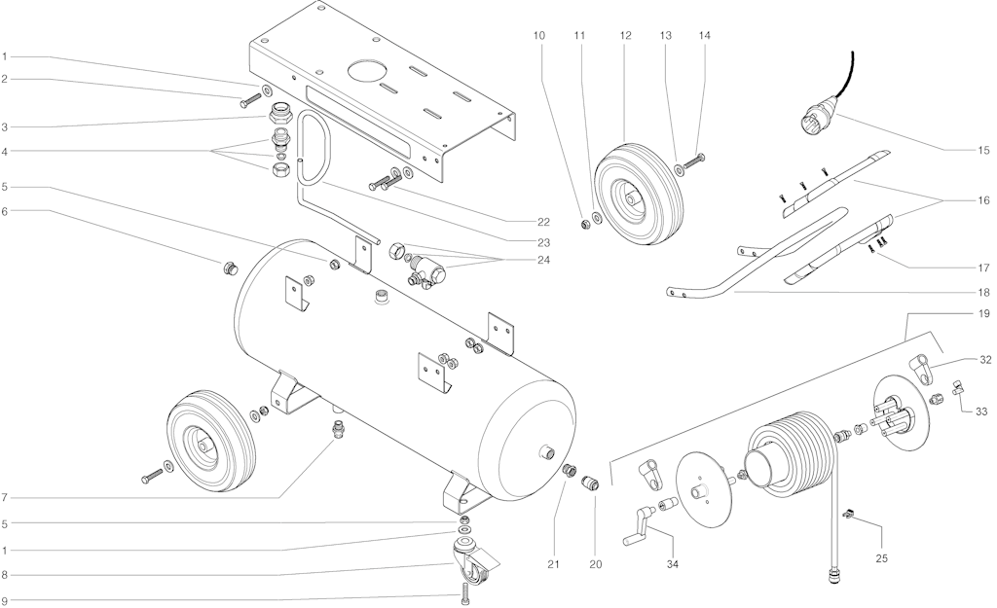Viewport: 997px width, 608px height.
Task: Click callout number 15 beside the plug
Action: click(x=983, y=151)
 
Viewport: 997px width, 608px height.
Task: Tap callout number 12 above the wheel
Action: click(x=626, y=36)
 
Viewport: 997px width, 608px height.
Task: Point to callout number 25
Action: click(x=881, y=558)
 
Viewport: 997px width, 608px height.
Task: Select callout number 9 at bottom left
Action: click(x=5, y=600)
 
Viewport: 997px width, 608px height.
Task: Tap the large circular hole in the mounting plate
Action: click(x=366, y=70)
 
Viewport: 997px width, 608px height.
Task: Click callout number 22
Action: click(x=543, y=222)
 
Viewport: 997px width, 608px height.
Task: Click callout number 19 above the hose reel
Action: click(x=983, y=313)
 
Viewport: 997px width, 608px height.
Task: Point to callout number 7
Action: click(x=5, y=497)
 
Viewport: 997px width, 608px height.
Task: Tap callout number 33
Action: click(x=981, y=411)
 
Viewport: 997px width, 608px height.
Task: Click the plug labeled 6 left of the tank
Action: click(x=229, y=268)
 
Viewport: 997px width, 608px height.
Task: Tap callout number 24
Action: click(x=543, y=260)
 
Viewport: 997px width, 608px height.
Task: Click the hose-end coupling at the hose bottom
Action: click(x=831, y=576)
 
